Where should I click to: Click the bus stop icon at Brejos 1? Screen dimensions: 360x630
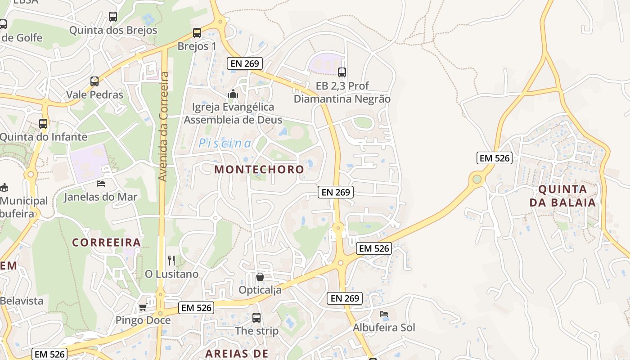pos(197,33)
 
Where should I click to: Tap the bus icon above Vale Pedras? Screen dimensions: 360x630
pos(94,81)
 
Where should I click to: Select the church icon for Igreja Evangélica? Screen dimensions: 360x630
pos(233,94)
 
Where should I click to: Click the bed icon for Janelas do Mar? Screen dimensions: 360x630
pos(101,183)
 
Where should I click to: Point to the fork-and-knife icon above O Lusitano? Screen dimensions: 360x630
pos(171,260)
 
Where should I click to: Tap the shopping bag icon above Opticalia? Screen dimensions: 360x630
pos(260,276)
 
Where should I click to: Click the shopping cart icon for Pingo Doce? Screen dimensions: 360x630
pos(143,307)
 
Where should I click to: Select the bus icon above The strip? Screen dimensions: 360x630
pos(256,318)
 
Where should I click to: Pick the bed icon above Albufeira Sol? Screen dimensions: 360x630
pos(384,314)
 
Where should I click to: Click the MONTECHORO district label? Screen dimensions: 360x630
pos(259,170)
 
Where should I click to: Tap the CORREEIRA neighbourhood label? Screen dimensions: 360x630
pos(107,243)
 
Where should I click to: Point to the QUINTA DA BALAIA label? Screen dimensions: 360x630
pos(562,196)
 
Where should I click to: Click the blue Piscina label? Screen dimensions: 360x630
pos(225,144)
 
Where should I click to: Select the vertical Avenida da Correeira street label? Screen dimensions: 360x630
pos(164,126)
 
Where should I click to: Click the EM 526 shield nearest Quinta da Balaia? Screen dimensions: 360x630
pos(495,158)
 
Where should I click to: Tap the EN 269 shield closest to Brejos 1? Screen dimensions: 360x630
pos(245,63)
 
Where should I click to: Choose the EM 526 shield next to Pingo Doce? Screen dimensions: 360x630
pos(196,308)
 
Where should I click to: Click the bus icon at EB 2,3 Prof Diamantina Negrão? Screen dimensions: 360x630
pos(342,72)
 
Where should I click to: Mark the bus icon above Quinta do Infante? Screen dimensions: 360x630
pos(43,123)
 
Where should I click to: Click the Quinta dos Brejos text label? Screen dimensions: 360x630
pos(113,30)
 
